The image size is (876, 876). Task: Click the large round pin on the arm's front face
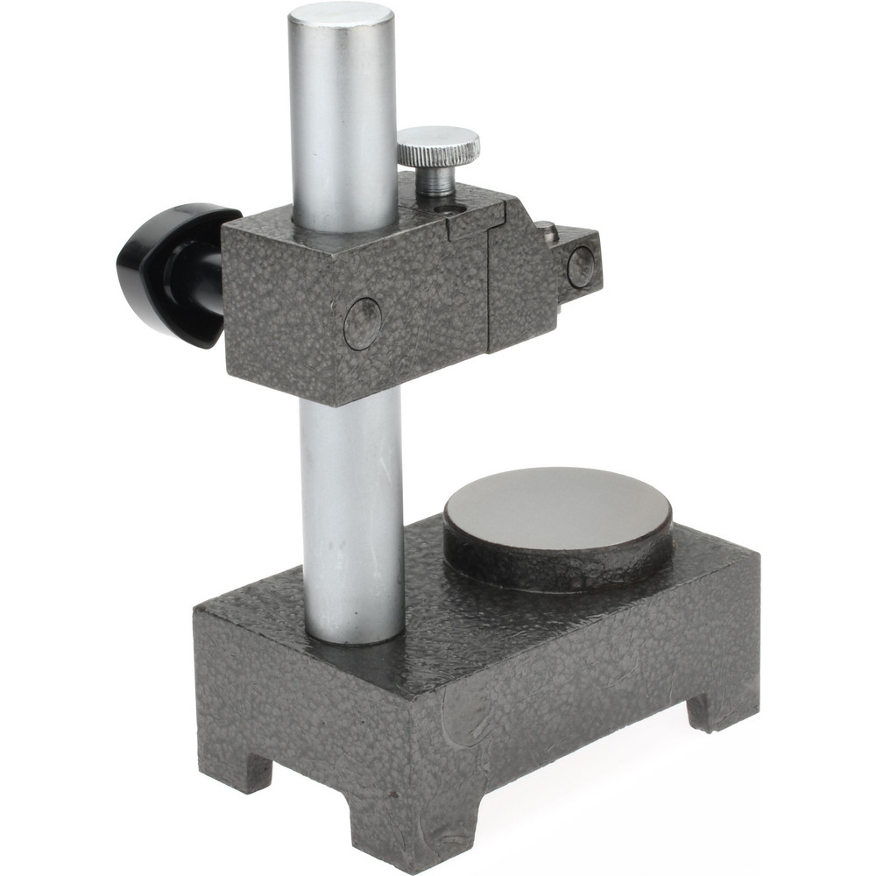[363, 323]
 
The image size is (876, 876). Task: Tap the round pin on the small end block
[580, 267]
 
